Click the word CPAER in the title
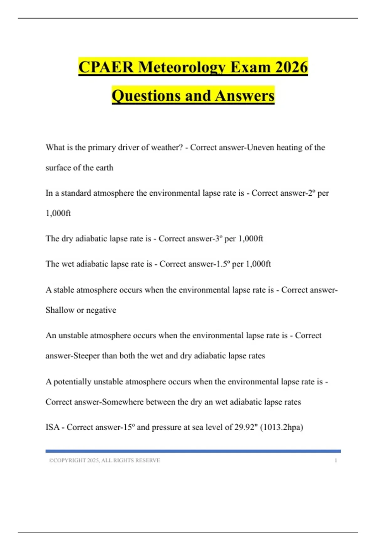coord(106,67)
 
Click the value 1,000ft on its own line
coord(58,213)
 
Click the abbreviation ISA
coord(52,427)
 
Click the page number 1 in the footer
coord(336,461)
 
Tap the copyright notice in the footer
coord(105,461)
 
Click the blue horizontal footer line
coord(193,451)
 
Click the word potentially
coord(72,382)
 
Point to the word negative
coord(101,310)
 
